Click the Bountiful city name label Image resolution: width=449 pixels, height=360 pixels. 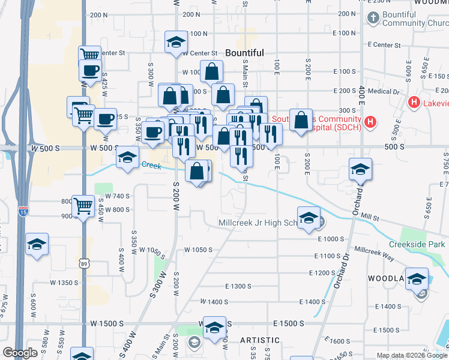click(x=244, y=53)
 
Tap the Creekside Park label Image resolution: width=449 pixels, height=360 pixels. click(x=417, y=245)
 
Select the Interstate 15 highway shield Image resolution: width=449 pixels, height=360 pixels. click(x=22, y=211)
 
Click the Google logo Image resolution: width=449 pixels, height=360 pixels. click(x=20, y=353)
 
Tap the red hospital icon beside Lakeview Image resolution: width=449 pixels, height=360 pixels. click(x=413, y=103)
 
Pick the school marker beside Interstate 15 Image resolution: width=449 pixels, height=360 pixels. click(x=37, y=244)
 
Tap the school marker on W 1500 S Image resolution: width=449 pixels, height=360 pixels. click(x=214, y=328)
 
